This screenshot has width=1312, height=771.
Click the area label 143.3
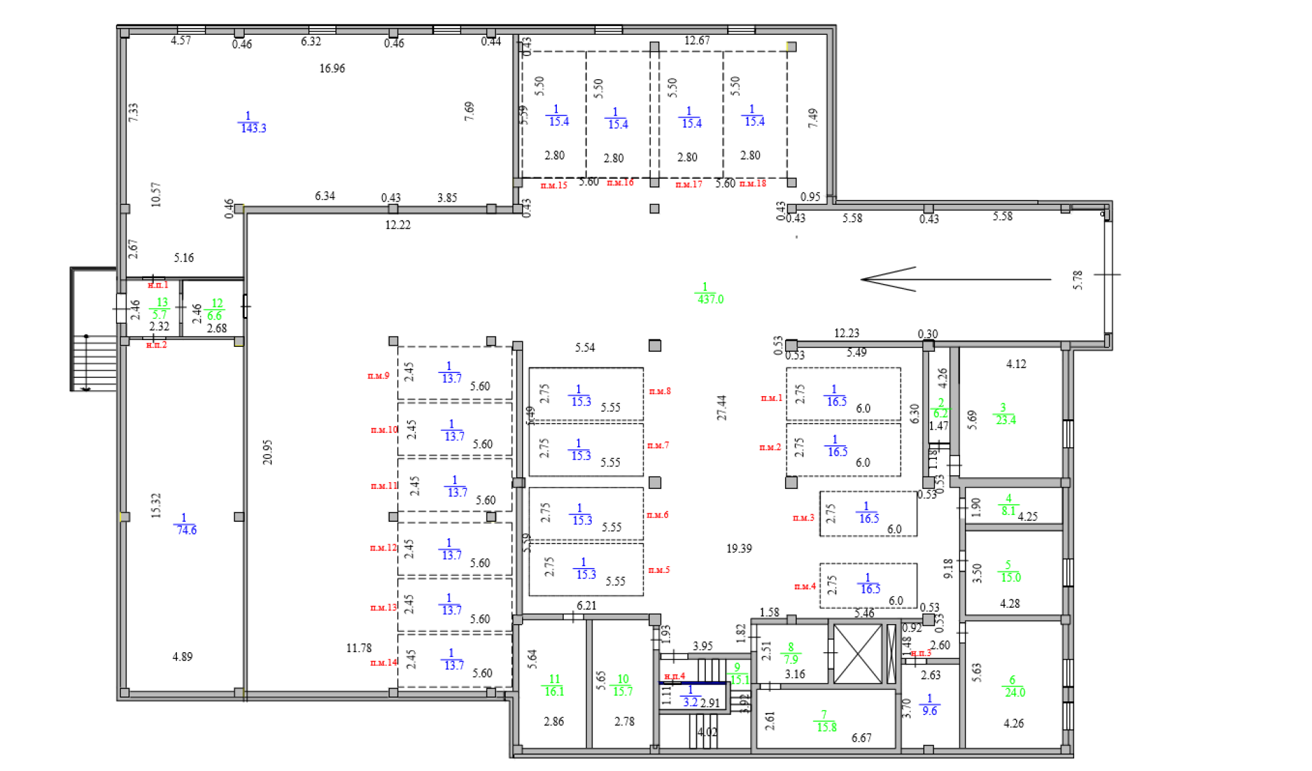(x=253, y=128)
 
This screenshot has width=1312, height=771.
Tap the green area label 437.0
(x=710, y=298)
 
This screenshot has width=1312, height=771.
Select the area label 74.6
(x=186, y=529)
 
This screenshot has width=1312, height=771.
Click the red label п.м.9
(x=378, y=376)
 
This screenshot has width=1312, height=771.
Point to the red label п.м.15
(x=553, y=185)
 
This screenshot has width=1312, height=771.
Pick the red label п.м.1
(x=771, y=397)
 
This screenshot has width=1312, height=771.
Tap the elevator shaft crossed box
(x=858, y=654)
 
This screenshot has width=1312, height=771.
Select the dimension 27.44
(x=722, y=407)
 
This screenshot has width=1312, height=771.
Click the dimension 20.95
(x=267, y=452)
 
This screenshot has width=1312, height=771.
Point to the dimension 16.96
(x=332, y=68)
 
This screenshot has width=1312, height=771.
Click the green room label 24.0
(x=1015, y=692)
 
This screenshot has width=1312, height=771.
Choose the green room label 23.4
(x=1005, y=419)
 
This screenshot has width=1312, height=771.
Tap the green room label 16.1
(x=553, y=691)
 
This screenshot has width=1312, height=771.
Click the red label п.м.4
(x=805, y=586)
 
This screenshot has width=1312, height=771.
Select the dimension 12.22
(x=398, y=225)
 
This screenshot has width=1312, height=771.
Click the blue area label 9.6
(x=929, y=710)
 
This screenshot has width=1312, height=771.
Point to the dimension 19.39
(x=739, y=548)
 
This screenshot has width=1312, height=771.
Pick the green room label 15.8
(x=826, y=727)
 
